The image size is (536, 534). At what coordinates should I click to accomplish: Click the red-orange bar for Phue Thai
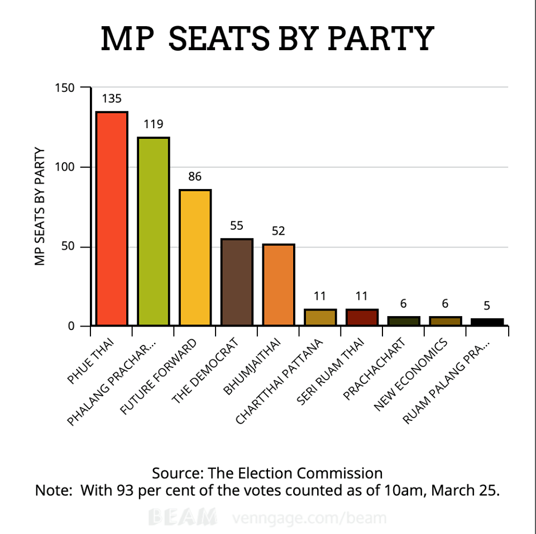tap(112, 219)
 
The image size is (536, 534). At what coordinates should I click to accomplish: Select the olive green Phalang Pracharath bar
tap(154, 231)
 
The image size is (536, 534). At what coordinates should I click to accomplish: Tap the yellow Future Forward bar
tap(195, 258)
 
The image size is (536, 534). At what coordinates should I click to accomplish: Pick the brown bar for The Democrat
tap(237, 282)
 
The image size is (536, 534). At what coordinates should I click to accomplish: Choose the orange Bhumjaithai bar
tap(279, 285)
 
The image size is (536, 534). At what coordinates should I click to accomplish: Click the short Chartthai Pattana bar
tap(320, 317)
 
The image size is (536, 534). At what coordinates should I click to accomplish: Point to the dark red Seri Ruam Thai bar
tap(362, 317)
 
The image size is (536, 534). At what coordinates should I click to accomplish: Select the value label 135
tap(112, 99)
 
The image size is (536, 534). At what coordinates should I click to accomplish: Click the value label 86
tap(195, 177)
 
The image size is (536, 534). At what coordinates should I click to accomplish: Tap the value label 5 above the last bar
tap(487, 305)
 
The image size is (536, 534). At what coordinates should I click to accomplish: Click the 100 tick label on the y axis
tap(65, 167)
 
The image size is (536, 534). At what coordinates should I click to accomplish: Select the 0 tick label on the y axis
tap(71, 326)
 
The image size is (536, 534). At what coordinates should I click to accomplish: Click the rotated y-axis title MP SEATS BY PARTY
tap(40, 206)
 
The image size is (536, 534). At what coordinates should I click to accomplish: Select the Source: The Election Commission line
tap(267, 473)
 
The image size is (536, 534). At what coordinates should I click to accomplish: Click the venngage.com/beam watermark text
tap(308, 518)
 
